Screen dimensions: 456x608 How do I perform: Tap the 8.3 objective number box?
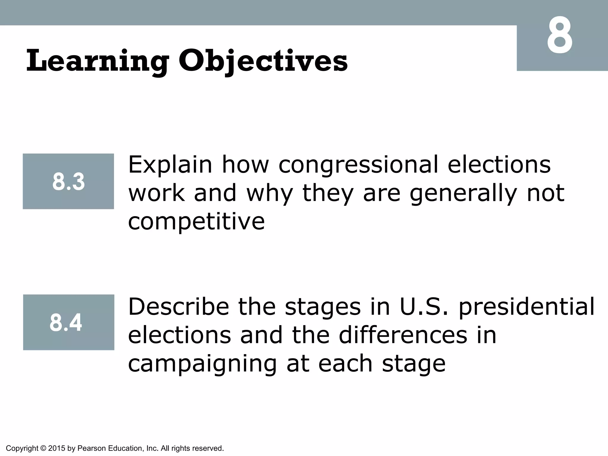point(68,181)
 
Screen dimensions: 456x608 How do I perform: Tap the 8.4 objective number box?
point(69,322)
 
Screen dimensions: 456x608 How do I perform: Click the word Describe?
point(178,307)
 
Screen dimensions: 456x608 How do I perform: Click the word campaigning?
point(202,364)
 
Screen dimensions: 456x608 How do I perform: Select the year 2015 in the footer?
point(56,448)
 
